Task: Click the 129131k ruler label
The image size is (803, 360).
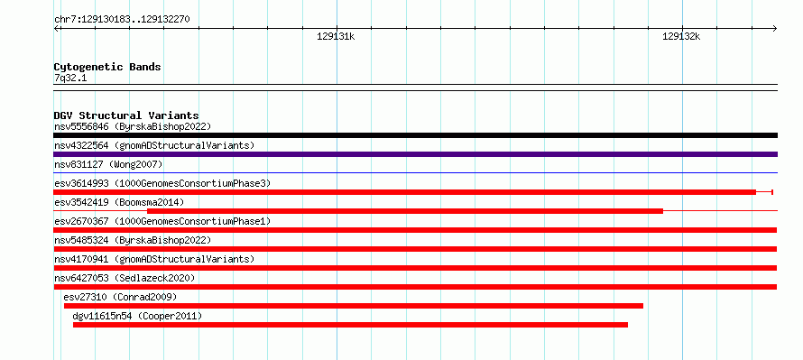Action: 336,36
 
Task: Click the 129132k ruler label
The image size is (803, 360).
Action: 681,36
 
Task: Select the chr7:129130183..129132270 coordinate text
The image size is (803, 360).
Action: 122,20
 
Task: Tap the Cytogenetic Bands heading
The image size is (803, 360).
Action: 107,67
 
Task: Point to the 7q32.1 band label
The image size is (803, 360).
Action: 69,78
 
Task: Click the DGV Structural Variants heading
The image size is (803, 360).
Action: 126,115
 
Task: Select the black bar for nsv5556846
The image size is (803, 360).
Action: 415,135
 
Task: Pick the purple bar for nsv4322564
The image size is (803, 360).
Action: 415,154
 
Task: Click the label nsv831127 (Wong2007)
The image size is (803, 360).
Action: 108,164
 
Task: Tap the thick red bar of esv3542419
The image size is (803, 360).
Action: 405,211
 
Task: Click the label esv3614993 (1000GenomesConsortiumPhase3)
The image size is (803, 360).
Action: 162,183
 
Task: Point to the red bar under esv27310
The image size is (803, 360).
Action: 354,306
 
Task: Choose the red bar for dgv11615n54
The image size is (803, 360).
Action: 350,325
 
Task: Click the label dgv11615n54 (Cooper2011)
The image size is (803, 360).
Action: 137,317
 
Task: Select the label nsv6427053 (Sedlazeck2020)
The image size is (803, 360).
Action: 125,278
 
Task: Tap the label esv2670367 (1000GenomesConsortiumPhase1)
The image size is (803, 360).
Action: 162,221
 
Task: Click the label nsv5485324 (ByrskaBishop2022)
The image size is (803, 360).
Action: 133,240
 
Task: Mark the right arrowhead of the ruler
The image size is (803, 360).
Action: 775,28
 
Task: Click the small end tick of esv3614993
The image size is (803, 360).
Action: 772,192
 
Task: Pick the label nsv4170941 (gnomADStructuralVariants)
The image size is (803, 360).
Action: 154,259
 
